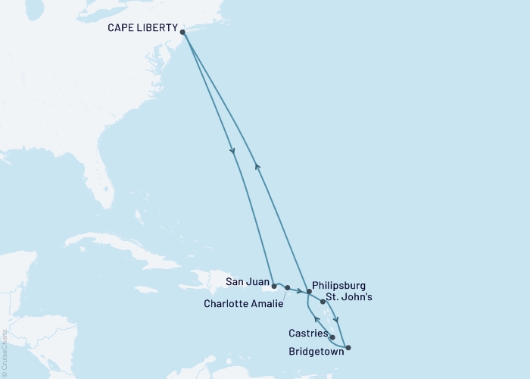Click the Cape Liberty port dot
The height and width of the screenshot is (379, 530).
click(x=183, y=32)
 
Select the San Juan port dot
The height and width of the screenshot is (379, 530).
click(x=274, y=287)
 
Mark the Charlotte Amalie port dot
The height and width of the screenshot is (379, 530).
click(x=288, y=288)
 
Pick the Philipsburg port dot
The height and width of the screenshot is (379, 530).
click(x=309, y=292)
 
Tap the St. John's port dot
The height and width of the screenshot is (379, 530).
click(x=323, y=302)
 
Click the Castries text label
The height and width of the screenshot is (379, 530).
click(x=307, y=333)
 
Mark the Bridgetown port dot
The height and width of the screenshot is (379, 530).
click(x=348, y=348)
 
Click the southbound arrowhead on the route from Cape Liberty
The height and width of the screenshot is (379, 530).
click(x=232, y=151)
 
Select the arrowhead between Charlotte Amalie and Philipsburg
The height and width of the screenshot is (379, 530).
click(x=300, y=291)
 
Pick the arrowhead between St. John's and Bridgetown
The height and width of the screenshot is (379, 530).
click(x=336, y=320)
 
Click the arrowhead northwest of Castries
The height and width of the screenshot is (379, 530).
click(x=316, y=321)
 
